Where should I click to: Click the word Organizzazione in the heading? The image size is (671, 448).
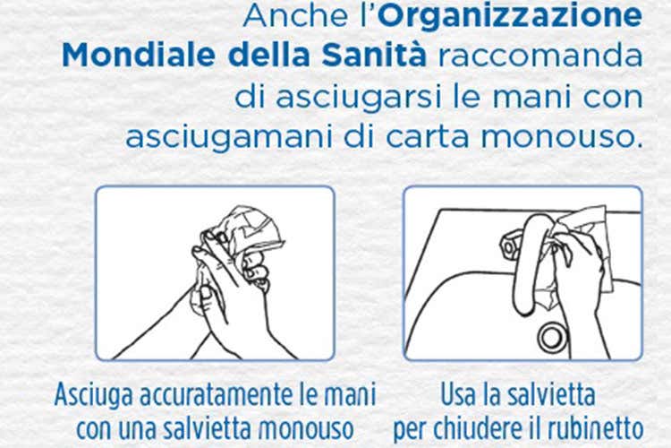(510, 16)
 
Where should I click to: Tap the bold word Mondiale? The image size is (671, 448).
(139, 56)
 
